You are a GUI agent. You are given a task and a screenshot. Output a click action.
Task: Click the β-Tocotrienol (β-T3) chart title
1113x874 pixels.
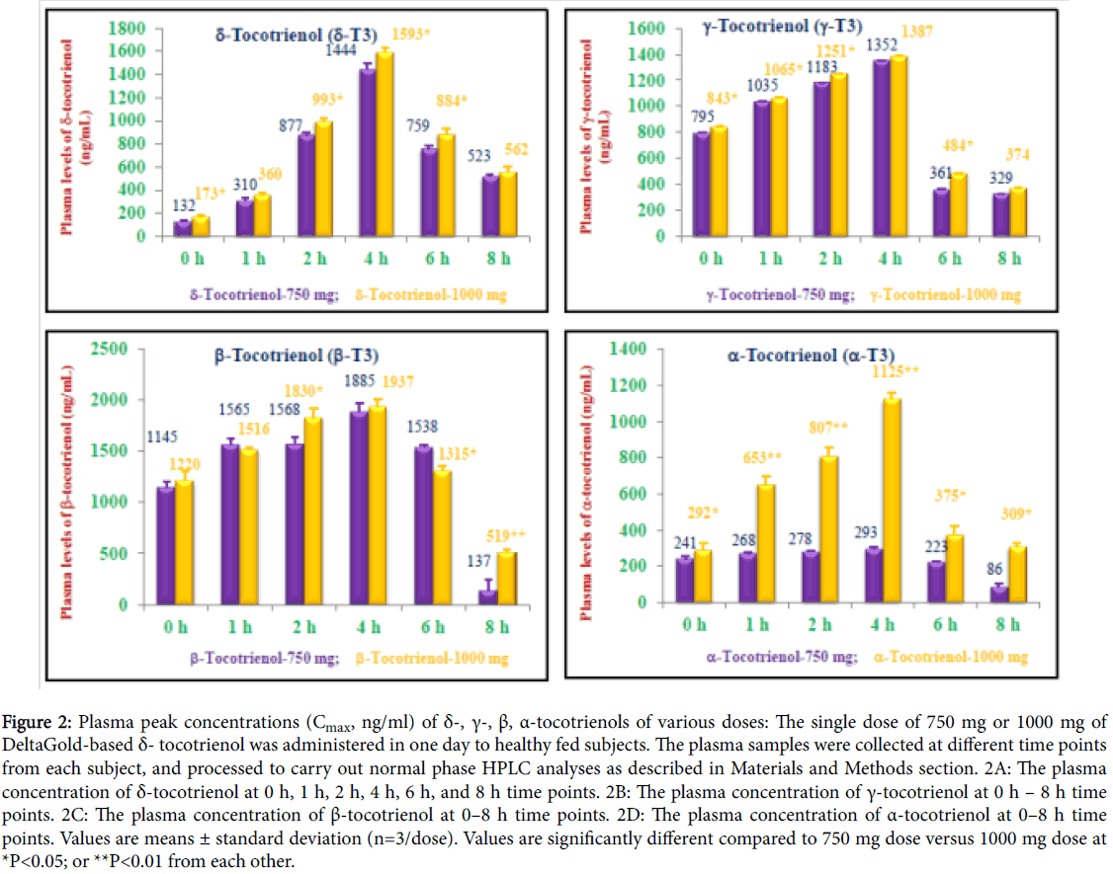tap(296, 357)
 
